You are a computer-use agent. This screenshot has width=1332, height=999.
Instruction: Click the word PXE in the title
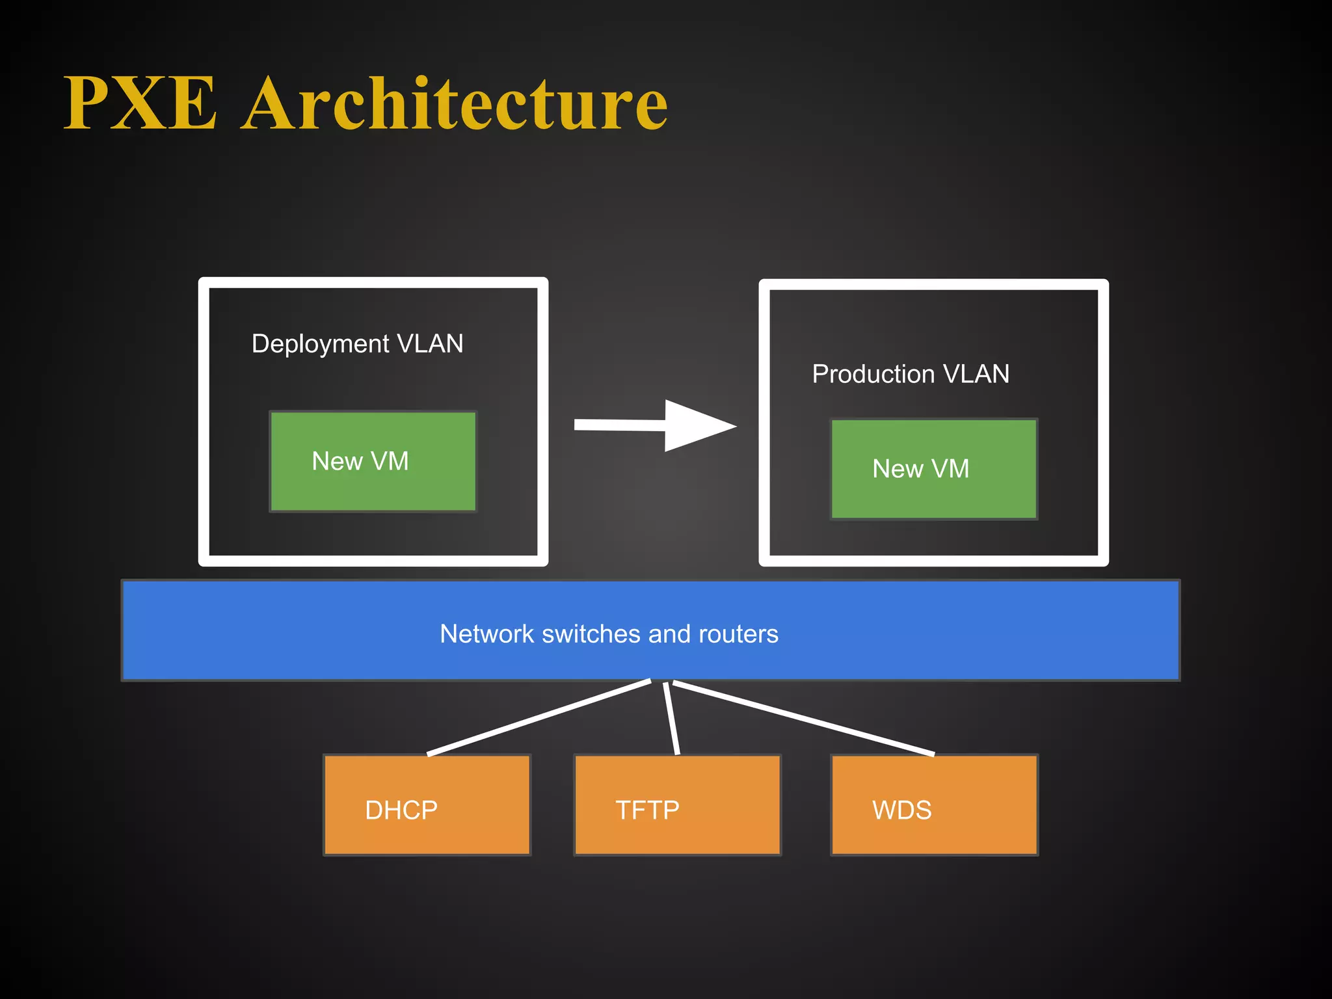(x=140, y=104)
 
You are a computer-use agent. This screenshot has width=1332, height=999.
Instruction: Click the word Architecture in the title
(x=455, y=104)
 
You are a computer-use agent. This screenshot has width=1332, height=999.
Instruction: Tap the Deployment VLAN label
(x=357, y=343)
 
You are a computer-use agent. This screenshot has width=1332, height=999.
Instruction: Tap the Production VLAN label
(x=911, y=374)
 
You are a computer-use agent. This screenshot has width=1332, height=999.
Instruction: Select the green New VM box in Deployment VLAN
(x=373, y=462)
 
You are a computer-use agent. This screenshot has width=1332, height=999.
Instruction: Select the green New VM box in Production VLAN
(x=934, y=469)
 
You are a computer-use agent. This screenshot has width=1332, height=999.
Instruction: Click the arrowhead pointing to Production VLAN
(x=699, y=426)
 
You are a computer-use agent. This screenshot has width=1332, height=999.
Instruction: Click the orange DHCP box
(x=427, y=805)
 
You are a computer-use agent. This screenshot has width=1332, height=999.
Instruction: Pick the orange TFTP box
(x=677, y=805)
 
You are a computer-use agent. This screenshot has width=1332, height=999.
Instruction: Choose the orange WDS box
(x=934, y=805)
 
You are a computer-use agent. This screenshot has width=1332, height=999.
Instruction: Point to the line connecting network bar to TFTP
(x=671, y=718)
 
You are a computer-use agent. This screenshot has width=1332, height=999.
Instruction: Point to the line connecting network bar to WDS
(x=803, y=718)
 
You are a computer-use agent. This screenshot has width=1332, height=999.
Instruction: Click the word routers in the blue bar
(x=738, y=634)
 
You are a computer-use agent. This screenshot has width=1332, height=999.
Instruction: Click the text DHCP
(x=401, y=810)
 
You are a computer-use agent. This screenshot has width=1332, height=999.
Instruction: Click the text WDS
(x=901, y=810)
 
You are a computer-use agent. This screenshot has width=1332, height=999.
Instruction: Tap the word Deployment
(x=320, y=343)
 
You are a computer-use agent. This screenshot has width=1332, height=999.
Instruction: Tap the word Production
(x=873, y=374)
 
